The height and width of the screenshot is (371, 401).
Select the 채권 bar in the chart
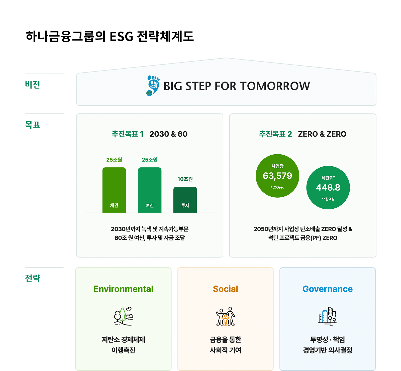click(114, 190)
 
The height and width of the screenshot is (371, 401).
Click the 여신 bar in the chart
click(150, 190)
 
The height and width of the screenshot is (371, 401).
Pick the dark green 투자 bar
click(185, 200)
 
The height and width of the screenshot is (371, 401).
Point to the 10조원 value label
click(185, 179)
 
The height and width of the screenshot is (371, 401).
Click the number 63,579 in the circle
click(277, 176)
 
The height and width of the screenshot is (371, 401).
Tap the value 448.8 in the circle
click(328, 187)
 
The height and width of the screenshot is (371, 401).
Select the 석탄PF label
click(328, 178)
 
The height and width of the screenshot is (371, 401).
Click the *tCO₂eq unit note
click(277, 187)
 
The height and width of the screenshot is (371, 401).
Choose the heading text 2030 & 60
click(168, 134)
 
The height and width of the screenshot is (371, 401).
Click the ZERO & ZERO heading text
click(322, 134)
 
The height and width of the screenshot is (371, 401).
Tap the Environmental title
click(123, 289)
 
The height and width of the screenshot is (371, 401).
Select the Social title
click(226, 289)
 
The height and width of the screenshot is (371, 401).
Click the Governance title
click(328, 289)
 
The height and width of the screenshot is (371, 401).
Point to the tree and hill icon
click(123, 316)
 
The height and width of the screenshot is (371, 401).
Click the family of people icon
click(226, 316)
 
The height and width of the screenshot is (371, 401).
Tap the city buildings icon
click(328, 316)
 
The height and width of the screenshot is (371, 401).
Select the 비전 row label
click(33, 85)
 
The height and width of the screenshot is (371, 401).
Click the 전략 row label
click(33, 278)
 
